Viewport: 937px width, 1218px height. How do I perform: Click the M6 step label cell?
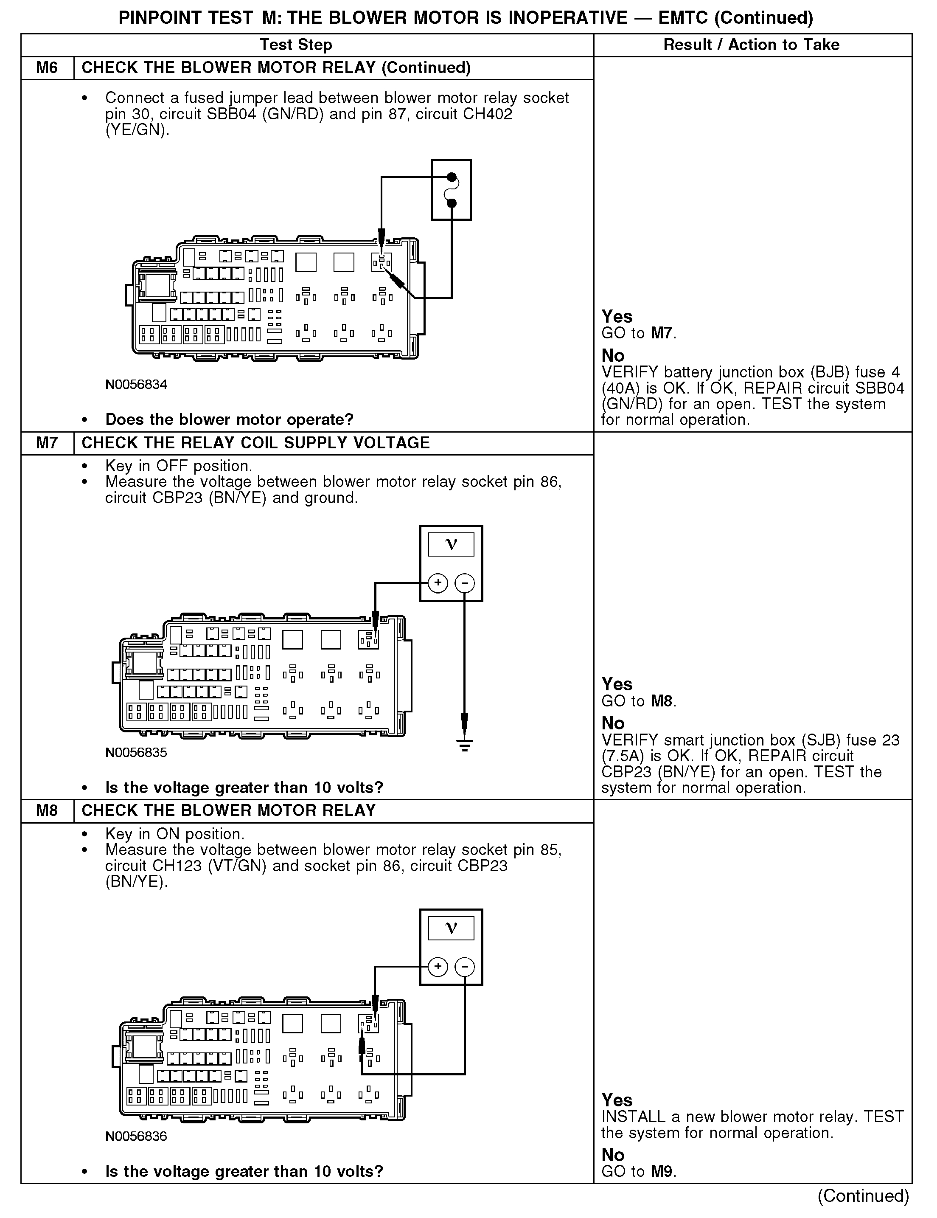pos(47,68)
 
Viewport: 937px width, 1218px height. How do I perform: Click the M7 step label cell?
pos(47,443)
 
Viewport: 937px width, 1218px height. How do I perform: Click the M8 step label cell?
pos(47,810)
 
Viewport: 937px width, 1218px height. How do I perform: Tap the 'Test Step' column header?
pos(295,45)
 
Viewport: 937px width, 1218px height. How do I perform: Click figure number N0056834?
pos(136,384)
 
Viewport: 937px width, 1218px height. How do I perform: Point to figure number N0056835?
pos(136,752)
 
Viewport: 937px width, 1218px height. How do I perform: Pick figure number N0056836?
pos(136,1136)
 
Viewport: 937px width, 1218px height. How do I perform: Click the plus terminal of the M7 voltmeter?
pos(438,583)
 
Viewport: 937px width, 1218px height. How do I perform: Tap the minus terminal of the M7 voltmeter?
pos(465,583)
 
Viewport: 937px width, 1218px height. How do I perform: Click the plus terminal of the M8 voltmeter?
pos(438,967)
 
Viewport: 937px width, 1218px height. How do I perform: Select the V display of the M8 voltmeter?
pos(451,928)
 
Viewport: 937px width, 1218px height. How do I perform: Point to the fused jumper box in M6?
pos(452,190)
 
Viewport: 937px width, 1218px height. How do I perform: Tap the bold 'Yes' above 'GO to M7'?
pos(617,317)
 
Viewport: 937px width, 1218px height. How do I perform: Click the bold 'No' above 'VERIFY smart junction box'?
pos(613,723)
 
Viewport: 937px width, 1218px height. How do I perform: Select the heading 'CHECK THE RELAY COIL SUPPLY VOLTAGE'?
pos(255,443)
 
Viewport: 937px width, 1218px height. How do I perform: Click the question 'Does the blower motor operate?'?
pos(229,419)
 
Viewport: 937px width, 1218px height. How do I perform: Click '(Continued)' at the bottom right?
pos(863,1196)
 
